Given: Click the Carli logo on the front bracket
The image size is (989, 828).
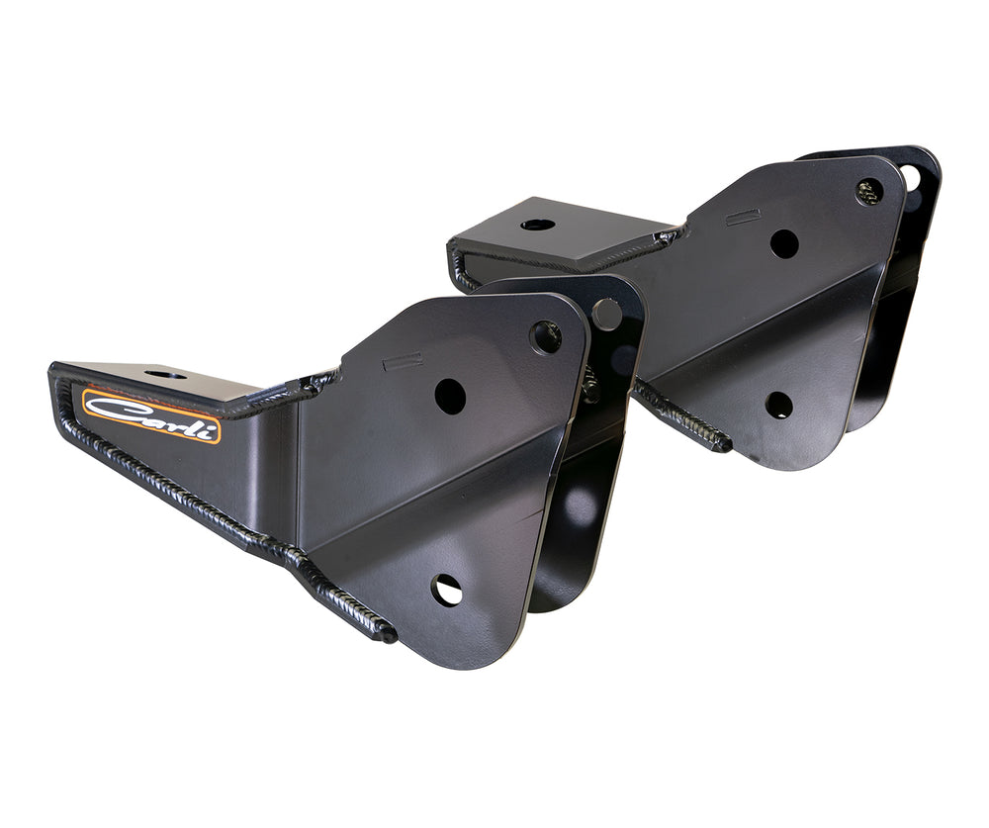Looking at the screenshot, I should click(x=150, y=415).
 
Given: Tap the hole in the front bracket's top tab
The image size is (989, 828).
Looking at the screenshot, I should click(x=159, y=375).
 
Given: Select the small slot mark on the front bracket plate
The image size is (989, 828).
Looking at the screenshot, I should click(x=403, y=361).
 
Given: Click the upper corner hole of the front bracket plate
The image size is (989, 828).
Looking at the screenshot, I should click(x=545, y=336).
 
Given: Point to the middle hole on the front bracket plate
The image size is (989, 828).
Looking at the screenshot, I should click(x=450, y=397).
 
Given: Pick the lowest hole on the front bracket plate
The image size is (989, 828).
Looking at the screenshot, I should click(x=446, y=591).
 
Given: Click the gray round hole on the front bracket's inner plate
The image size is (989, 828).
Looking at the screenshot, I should click(x=607, y=315).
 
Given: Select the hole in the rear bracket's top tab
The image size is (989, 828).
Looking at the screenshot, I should click(x=537, y=225).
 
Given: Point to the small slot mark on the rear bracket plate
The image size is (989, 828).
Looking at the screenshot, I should click(x=743, y=217).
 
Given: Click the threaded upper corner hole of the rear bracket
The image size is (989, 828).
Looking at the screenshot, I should click(x=868, y=191).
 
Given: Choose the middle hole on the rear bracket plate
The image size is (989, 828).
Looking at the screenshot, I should click(x=783, y=243).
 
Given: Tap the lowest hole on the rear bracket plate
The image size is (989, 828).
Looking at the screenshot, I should click(x=778, y=405).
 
